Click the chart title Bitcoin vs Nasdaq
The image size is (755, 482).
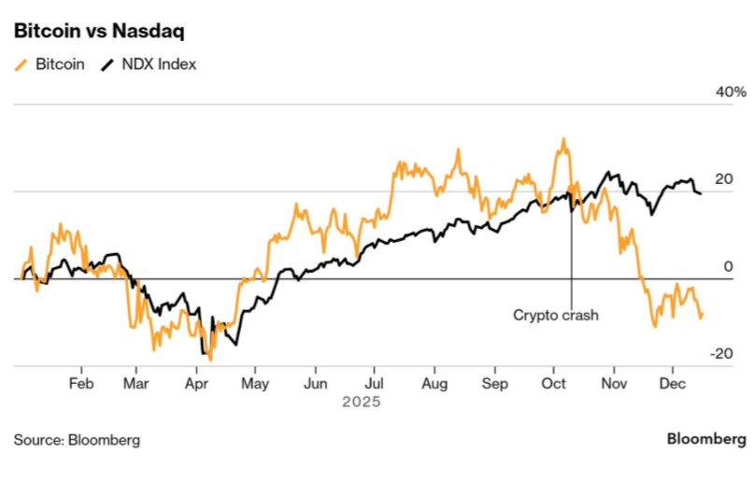[98, 31]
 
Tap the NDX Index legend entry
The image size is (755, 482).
[156, 64]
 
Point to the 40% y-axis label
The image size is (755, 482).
[732, 92]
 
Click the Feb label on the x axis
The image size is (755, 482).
[81, 383]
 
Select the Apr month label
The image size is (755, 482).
[197, 383]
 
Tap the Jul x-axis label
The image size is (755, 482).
[374, 383]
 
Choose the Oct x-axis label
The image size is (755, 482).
[554, 383]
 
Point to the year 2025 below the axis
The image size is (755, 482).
[361, 402]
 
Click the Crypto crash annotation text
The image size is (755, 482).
[555, 315]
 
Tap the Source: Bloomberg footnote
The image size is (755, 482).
[77, 439]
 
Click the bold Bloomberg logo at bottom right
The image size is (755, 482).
[706, 438]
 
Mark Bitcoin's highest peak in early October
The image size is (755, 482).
[563, 140]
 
